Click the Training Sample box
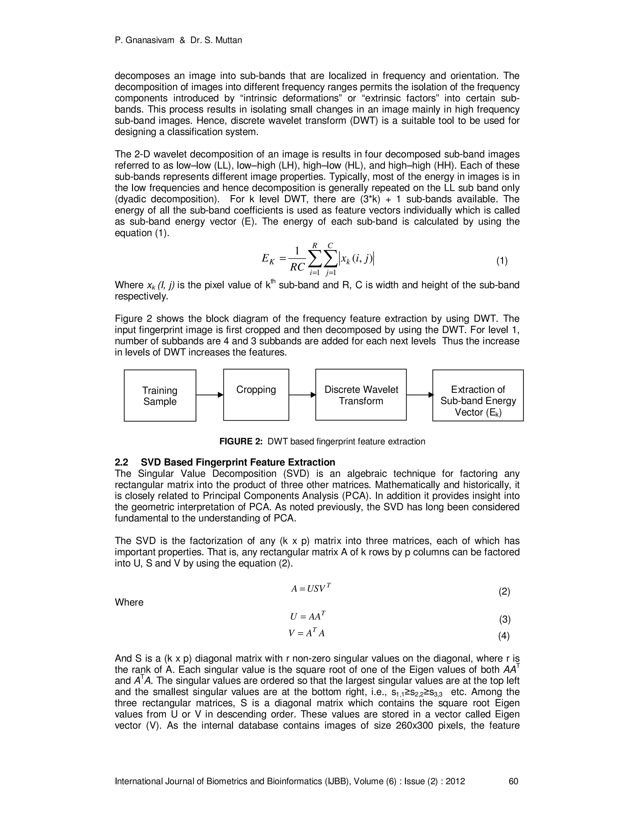(x=160, y=395)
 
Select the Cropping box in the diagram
(x=256, y=395)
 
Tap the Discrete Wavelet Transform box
(x=361, y=395)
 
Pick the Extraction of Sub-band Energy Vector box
(x=478, y=395)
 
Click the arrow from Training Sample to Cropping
(x=210, y=395)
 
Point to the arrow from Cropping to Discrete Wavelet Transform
(x=302, y=395)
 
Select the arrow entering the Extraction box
(x=420, y=395)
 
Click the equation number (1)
(x=502, y=261)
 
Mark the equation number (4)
(x=504, y=636)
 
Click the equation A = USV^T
(x=311, y=588)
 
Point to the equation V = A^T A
(x=307, y=633)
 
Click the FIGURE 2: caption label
(x=241, y=441)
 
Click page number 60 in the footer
(x=513, y=781)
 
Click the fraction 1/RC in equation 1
(x=297, y=259)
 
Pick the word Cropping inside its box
(x=256, y=390)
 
